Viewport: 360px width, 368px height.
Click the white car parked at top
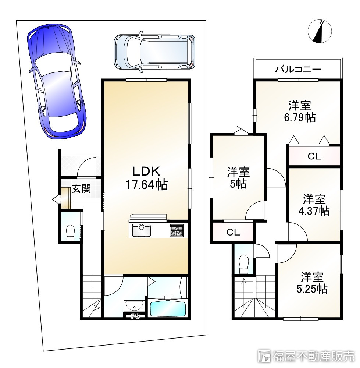coord(154,52)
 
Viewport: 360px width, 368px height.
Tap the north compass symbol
coord(320,31)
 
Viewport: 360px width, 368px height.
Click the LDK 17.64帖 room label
coord(146,178)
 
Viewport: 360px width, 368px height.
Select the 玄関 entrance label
coord(81,189)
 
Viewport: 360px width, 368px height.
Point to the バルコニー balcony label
coord(299,69)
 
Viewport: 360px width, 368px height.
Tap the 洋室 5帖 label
coord(238,178)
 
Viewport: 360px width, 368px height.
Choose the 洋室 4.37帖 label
coord(314,205)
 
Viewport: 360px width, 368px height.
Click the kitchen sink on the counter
coord(140,231)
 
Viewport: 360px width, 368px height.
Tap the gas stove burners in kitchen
coord(176,231)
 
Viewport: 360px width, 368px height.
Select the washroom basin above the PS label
coord(133,305)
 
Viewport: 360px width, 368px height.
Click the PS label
coord(135,316)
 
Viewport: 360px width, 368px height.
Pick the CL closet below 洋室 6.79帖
coord(314,156)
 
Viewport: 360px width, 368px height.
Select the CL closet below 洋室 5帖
coord(233,233)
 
